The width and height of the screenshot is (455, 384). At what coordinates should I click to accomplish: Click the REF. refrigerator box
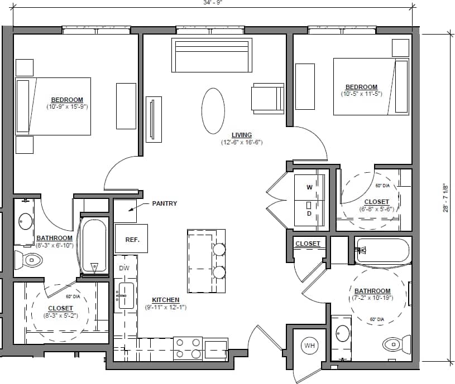[131, 239]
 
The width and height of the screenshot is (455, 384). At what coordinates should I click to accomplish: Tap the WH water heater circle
[309, 346]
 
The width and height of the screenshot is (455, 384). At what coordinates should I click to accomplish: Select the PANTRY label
[164, 203]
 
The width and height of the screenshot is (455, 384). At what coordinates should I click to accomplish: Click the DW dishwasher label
[124, 268]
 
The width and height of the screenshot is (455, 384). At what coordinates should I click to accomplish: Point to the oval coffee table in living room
[213, 111]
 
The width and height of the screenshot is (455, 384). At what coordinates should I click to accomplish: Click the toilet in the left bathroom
[28, 259]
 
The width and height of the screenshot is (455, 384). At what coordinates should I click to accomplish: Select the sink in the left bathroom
[25, 221]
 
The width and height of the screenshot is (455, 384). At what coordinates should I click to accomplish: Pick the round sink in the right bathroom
[343, 333]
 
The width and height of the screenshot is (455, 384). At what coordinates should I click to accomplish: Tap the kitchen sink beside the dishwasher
[125, 295]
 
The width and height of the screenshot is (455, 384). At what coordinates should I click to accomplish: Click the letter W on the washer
[309, 188]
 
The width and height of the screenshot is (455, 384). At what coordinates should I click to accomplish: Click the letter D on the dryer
[309, 213]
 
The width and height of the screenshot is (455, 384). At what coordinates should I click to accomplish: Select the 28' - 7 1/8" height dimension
[446, 198]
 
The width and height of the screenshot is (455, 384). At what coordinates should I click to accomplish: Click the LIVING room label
[242, 135]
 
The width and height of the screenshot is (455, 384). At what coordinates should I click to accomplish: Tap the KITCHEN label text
[166, 300]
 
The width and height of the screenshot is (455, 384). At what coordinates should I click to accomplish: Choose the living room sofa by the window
[210, 55]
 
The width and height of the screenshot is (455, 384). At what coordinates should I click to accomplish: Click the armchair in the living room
[268, 98]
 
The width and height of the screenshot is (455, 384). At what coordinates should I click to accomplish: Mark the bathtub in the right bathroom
[383, 251]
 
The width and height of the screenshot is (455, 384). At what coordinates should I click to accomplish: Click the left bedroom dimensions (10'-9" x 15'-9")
[68, 106]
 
